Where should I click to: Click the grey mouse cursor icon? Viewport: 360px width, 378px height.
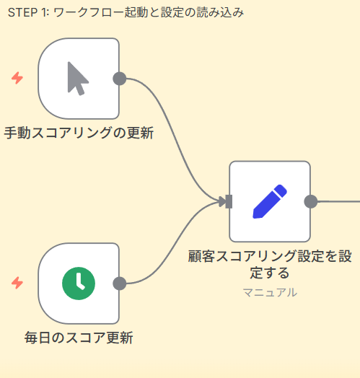[x=78, y=79]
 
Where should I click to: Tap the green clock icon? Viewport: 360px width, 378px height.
[x=78, y=283]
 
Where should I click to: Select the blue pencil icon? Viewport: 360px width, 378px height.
[x=269, y=201]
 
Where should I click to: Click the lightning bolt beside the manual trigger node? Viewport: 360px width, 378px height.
[x=17, y=79]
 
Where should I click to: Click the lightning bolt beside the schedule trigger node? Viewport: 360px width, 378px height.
[x=17, y=283]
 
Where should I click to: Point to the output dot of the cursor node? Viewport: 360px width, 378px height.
[x=120, y=79]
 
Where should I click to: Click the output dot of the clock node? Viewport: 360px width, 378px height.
[x=120, y=283]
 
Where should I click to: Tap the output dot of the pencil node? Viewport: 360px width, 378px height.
[x=311, y=201]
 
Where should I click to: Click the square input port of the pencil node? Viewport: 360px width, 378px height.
[x=228, y=201]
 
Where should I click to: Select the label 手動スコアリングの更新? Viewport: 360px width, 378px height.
[x=79, y=133]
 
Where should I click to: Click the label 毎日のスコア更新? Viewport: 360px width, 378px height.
[x=79, y=338]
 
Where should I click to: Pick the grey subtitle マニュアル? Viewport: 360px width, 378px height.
[x=269, y=292]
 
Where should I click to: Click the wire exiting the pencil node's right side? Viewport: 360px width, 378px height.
[x=339, y=201]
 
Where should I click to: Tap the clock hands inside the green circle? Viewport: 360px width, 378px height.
[x=79, y=282]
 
